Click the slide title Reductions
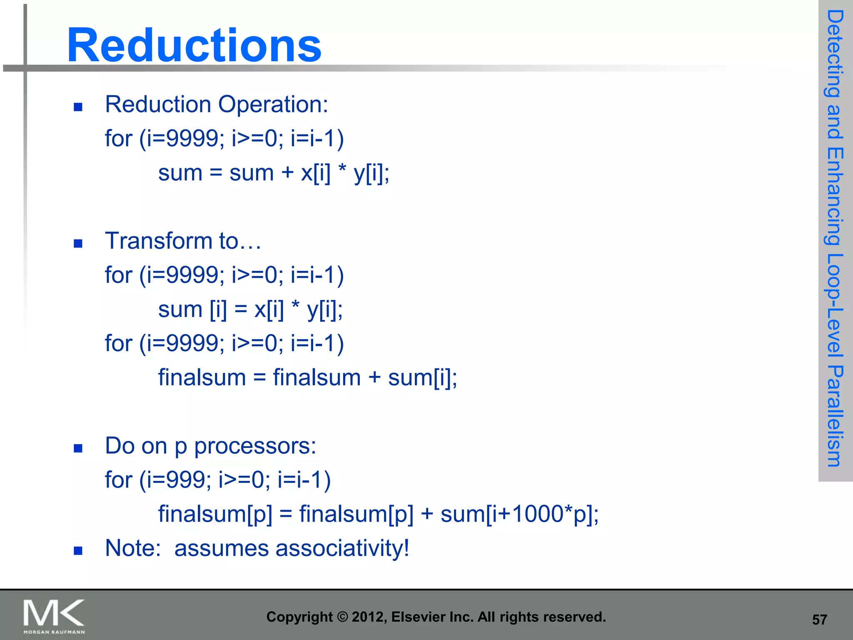pos(194,45)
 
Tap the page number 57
pos(819,620)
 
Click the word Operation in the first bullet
pos(273,104)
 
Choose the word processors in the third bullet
pos(255,446)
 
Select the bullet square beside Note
pos(78,551)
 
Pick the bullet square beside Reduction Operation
pos(78,107)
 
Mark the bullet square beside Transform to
pos(78,243)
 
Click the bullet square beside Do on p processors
pos(78,448)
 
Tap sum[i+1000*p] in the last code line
pos(519,514)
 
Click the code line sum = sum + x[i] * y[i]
pos(274,172)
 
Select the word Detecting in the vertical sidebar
pos(835,54)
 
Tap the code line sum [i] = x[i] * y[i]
pos(250,309)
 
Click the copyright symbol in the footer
pos(342,617)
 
